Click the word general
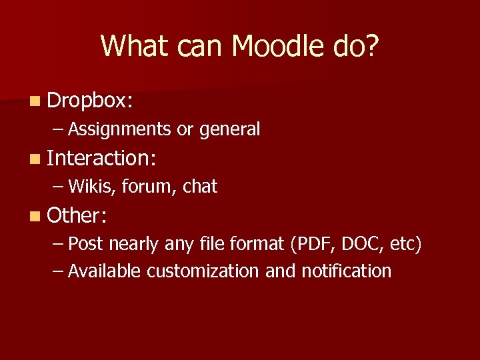[x=229, y=129]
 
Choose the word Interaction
[x=100, y=158]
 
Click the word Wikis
[x=93, y=187]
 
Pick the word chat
[x=200, y=187]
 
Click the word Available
[x=105, y=271]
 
